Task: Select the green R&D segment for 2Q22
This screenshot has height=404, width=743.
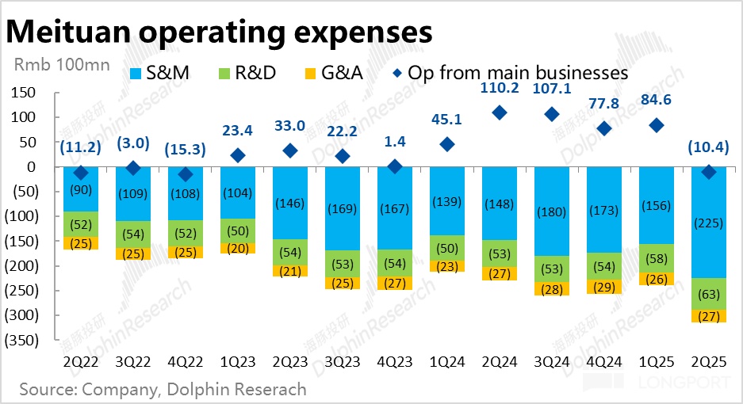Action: [x=80, y=225]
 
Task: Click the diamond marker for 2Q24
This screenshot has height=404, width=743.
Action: [x=500, y=112]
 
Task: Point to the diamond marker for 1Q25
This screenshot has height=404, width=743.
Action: [x=656, y=125]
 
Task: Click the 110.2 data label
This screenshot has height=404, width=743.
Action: [x=500, y=88]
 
